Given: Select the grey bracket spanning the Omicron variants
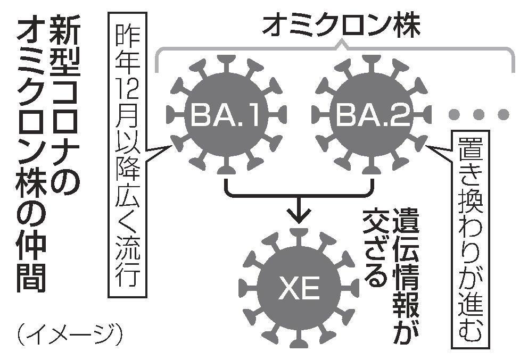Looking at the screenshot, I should pos(335,51).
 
